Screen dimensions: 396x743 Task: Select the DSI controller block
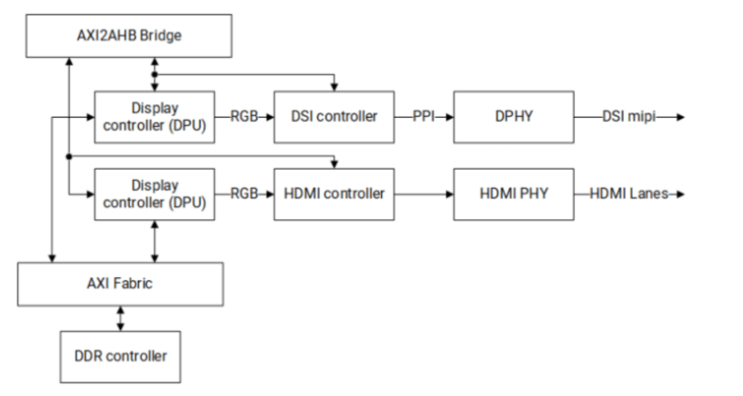pyautogui.click(x=334, y=116)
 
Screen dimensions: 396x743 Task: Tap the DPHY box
pyautogui.click(x=514, y=116)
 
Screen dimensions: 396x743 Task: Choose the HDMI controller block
pyautogui.click(x=334, y=194)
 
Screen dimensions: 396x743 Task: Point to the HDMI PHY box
pyautogui.click(x=514, y=194)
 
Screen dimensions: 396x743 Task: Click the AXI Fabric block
pyautogui.click(x=120, y=284)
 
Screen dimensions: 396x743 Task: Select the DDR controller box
pyautogui.click(x=120, y=356)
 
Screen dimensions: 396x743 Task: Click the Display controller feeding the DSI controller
pyautogui.click(x=154, y=116)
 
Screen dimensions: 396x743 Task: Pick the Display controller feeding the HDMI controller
pyautogui.click(x=154, y=194)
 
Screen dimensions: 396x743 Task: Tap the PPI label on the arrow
pyautogui.click(x=424, y=117)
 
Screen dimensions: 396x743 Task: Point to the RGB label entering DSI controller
pyautogui.click(x=244, y=117)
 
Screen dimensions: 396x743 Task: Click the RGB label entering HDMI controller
pyautogui.click(x=244, y=194)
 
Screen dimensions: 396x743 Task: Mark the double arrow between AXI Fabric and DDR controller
pyautogui.click(x=120, y=319)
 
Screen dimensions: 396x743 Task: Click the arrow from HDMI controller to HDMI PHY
pyautogui.click(x=424, y=194)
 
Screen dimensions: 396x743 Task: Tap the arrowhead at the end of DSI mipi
pyautogui.click(x=680, y=117)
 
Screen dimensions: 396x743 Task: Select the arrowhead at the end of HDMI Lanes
pyautogui.click(x=680, y=194)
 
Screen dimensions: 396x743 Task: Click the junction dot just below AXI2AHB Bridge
pyautogui.click(x=154, y=74)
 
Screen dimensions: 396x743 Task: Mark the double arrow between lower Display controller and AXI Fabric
pyautogui.click(x=154, y=241)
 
